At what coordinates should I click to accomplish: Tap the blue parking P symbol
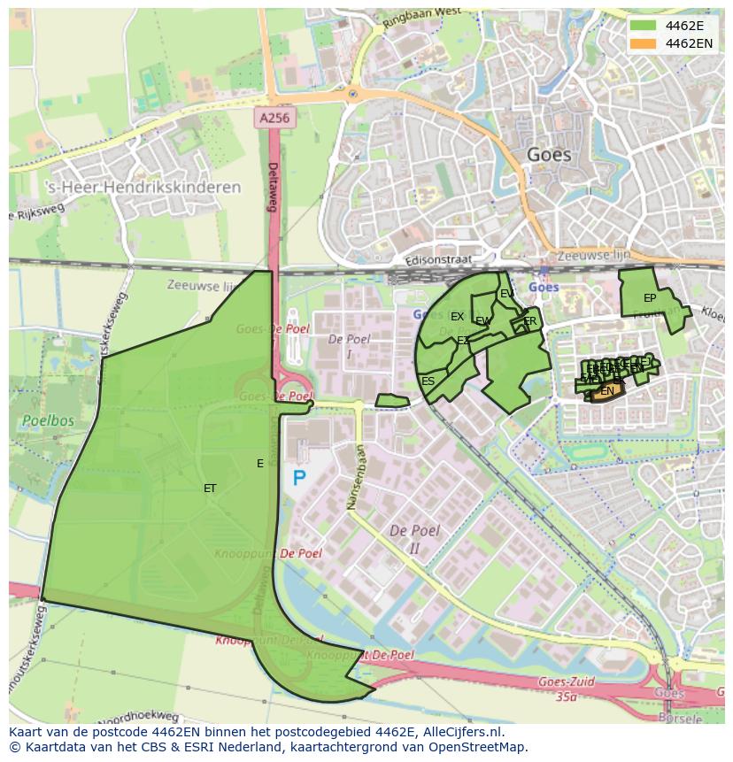coord(299,479)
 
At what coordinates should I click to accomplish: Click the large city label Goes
coord(549,155)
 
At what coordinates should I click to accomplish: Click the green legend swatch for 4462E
coord(644,25)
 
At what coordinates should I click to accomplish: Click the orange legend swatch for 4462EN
coord(644,42)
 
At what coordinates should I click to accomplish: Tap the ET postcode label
coord(210,489)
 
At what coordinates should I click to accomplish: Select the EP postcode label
coord(650,298)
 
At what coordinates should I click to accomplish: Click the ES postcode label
coord(428,381)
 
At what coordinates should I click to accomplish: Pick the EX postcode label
coord(457,317)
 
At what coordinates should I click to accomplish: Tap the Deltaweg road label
coord(274,187)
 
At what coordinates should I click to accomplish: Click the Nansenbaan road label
coord(360,479)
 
